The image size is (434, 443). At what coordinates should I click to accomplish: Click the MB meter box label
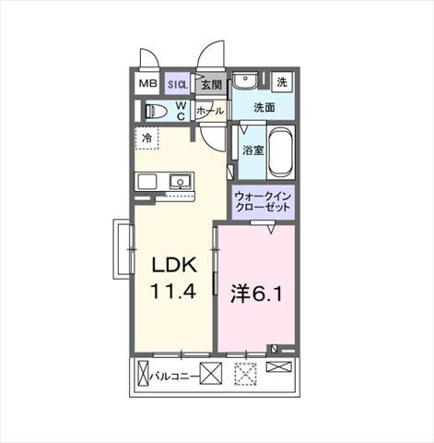coord(148,83)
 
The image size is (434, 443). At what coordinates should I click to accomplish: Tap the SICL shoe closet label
coord(178,85)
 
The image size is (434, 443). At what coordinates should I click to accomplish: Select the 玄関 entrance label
coord(211,85)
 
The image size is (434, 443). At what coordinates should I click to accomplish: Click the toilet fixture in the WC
coord(156,111)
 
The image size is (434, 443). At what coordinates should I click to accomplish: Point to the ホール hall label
coord(210,111)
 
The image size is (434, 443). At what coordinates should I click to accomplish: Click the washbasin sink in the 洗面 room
coord(245,81)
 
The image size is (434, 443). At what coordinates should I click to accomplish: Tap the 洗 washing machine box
coord(282,82)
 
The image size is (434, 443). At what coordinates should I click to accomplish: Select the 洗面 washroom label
coord(264,107)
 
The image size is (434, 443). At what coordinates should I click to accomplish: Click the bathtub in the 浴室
coord(280,152)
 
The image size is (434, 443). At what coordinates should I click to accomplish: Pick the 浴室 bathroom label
coord(253,150)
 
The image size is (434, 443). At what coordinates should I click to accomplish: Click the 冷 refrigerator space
coord(147,138)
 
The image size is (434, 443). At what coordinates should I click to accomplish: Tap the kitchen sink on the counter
coord(181,182)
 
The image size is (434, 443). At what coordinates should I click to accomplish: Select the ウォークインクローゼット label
coord(263,201)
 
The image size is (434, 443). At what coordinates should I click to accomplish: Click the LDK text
coord(174,265)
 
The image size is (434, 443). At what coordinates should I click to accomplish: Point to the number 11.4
coord(173,292)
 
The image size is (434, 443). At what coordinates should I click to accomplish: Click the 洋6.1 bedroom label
coord(256,294)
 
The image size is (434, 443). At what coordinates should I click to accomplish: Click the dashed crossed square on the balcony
coord(245,374)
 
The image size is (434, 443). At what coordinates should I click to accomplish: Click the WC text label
coord(181,111)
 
